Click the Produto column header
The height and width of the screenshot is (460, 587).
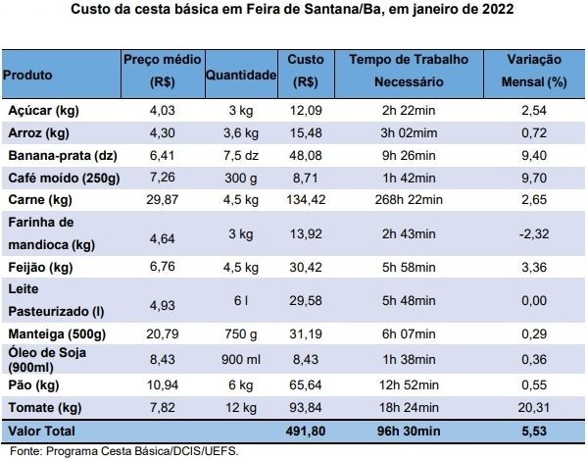point(27,75)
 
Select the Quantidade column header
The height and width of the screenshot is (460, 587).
point(241,75)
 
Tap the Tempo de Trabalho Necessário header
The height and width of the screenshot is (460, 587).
point(409,71)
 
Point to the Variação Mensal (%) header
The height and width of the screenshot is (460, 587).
point(534,71)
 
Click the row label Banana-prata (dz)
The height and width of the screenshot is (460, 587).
point(63,155)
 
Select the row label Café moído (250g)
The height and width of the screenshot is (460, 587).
point(64,178)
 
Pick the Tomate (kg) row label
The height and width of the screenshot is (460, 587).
point(45,408)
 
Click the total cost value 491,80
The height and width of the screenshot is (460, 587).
point(306,432)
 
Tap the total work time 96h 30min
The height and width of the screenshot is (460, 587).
point(409,432)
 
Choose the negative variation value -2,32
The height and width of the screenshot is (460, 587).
point(534,234)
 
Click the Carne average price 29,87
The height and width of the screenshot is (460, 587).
point(163,200)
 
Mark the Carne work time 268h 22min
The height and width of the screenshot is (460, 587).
point(409,200)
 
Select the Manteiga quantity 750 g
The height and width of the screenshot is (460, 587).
point(241,334)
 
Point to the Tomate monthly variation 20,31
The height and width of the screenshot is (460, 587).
point(534,408)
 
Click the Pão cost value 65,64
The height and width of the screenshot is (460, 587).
point(306,385)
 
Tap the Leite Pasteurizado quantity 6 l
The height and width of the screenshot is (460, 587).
point(241,300)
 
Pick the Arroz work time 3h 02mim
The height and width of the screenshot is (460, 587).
point(409,133)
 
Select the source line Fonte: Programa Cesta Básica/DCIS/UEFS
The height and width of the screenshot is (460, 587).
point(123,451)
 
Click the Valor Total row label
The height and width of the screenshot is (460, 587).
point(41,432)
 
